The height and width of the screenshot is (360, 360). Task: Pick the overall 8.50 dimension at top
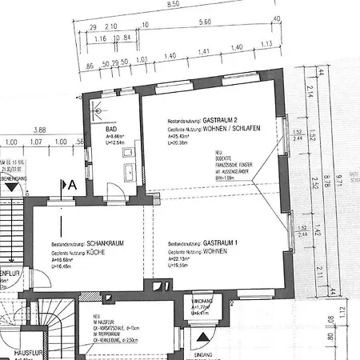point(172,4)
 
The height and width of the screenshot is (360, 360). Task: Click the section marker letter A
point(72,185)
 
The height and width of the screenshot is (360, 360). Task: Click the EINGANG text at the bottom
point(206,354)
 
